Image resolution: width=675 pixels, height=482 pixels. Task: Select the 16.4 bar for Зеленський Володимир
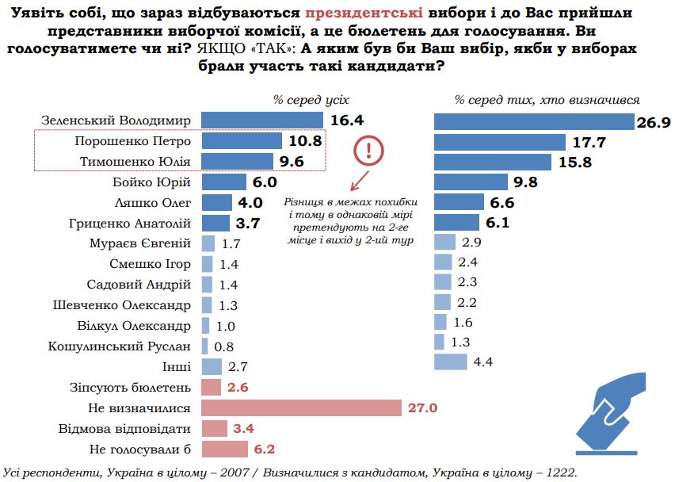[262, 120]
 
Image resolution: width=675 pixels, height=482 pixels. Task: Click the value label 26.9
[654, 122]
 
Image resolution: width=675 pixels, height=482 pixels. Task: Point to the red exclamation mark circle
[368, 149]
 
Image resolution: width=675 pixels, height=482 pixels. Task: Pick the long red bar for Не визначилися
[302, 408]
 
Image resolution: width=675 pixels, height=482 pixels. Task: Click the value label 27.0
[421, 408]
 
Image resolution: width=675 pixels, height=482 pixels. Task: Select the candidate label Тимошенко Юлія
[135, 162]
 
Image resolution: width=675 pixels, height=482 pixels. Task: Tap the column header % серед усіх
[311, 100]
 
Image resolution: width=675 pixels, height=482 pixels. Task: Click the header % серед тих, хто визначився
[547, 100]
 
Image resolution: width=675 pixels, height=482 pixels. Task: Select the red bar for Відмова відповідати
[213, 429]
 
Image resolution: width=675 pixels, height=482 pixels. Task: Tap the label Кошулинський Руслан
[119, 346]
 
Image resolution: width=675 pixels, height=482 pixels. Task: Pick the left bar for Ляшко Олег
[216, 203]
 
